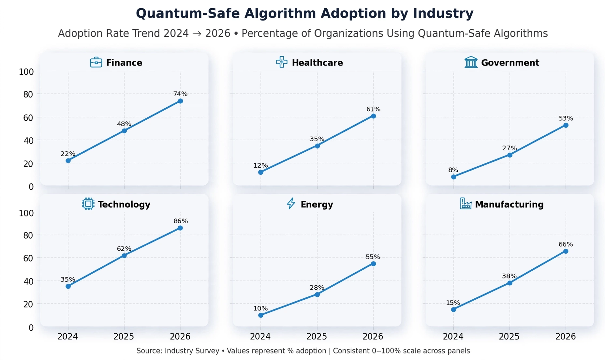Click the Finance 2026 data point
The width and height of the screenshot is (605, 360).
tap(180, 101)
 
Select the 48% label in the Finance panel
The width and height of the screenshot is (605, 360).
tap(124, 124)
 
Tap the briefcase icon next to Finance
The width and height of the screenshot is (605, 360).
tap(96, 62)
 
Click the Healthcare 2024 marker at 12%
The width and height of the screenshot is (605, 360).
tap(261, 172)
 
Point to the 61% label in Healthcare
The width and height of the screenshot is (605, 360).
tap(373, 109)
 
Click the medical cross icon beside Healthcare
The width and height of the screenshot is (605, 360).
tap(282, 62)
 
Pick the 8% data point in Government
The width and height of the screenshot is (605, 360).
tap(454, 177)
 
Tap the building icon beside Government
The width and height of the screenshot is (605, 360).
tap(471, 62)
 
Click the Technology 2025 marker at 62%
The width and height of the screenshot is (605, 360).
tap(124, 256)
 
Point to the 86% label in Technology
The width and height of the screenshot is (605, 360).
tap(181, 221)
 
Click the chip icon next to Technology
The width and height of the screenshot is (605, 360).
tap(88, 204)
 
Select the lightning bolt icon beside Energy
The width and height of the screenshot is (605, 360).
tap(291, 203)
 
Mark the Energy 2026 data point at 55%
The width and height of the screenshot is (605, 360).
tap(373, 264)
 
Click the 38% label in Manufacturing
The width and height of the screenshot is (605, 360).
tap(509, 276)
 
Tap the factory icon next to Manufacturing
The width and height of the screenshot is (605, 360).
tap(466, 203)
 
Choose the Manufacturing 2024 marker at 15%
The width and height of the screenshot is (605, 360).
tap(454, 309)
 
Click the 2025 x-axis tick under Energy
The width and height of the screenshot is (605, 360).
tap(317, 337)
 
